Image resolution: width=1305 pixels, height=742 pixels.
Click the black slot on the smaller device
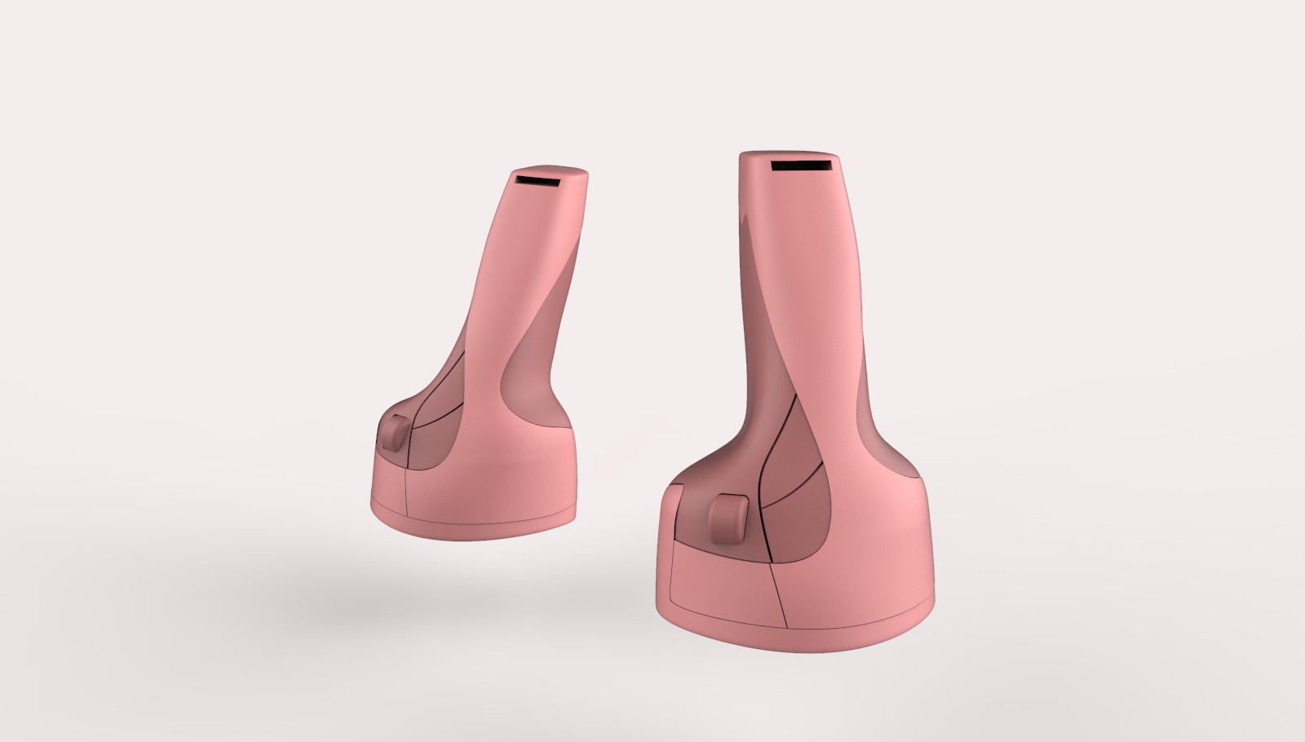[535, 179]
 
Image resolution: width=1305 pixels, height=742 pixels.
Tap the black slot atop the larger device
[802, 166]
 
